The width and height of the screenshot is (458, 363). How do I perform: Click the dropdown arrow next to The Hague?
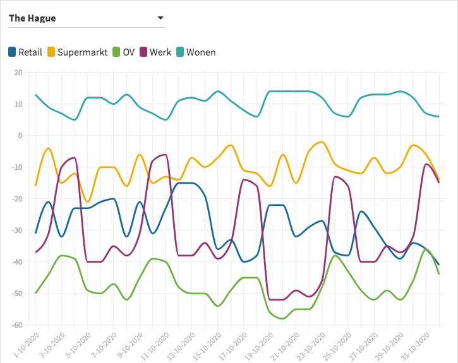click(160, 18)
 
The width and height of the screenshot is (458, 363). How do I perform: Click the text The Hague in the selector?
click(32, 18)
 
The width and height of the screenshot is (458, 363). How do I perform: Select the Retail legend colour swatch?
click(12, 52)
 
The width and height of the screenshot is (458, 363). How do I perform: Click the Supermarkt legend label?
click(82, 52)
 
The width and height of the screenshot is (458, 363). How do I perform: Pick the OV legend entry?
click(128, 52)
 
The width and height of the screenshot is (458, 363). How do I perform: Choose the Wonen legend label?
click(202, 52)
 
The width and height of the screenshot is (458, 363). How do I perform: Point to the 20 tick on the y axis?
click(18, 73)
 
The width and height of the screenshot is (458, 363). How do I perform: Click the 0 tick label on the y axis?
click(20, 136)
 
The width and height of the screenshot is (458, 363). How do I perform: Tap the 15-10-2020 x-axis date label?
click(206, 345)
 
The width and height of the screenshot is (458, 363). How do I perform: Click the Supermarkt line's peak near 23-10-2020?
click(322, 142)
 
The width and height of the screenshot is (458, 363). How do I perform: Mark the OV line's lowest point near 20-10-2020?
click(282, 319)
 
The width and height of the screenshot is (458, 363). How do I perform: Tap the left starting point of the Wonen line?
click(36, 95)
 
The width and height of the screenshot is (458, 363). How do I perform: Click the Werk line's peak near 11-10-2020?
click(166, 154)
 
